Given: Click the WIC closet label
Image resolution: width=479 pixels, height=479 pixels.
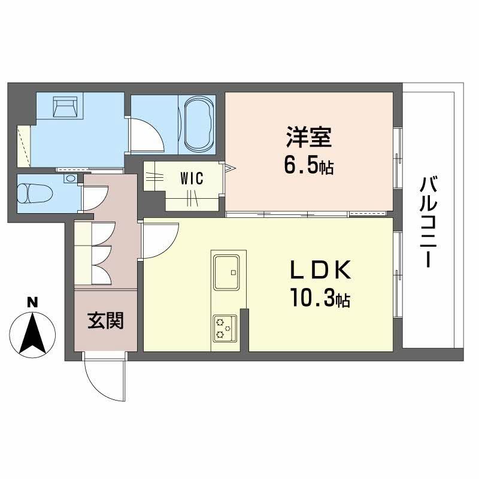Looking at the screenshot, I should pos(192,178).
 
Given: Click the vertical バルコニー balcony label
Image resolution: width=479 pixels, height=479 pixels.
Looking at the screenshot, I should pos(428,222).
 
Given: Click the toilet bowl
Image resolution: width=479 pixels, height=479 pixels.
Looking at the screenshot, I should pos(33,193).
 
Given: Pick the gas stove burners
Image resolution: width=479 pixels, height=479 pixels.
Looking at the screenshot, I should pos(225,327).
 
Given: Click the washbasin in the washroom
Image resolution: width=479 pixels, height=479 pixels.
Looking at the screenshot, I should pos(65,107).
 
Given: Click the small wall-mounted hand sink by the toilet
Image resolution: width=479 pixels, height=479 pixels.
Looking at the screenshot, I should pos(71,178).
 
